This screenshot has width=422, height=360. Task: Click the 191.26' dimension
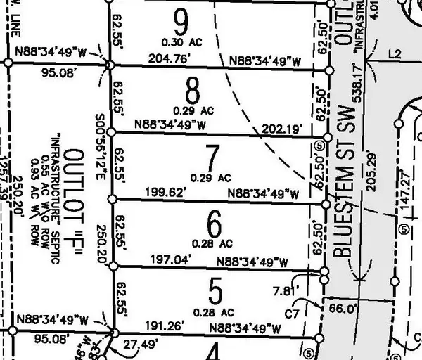pyautogui.click(x=165, y=326)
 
